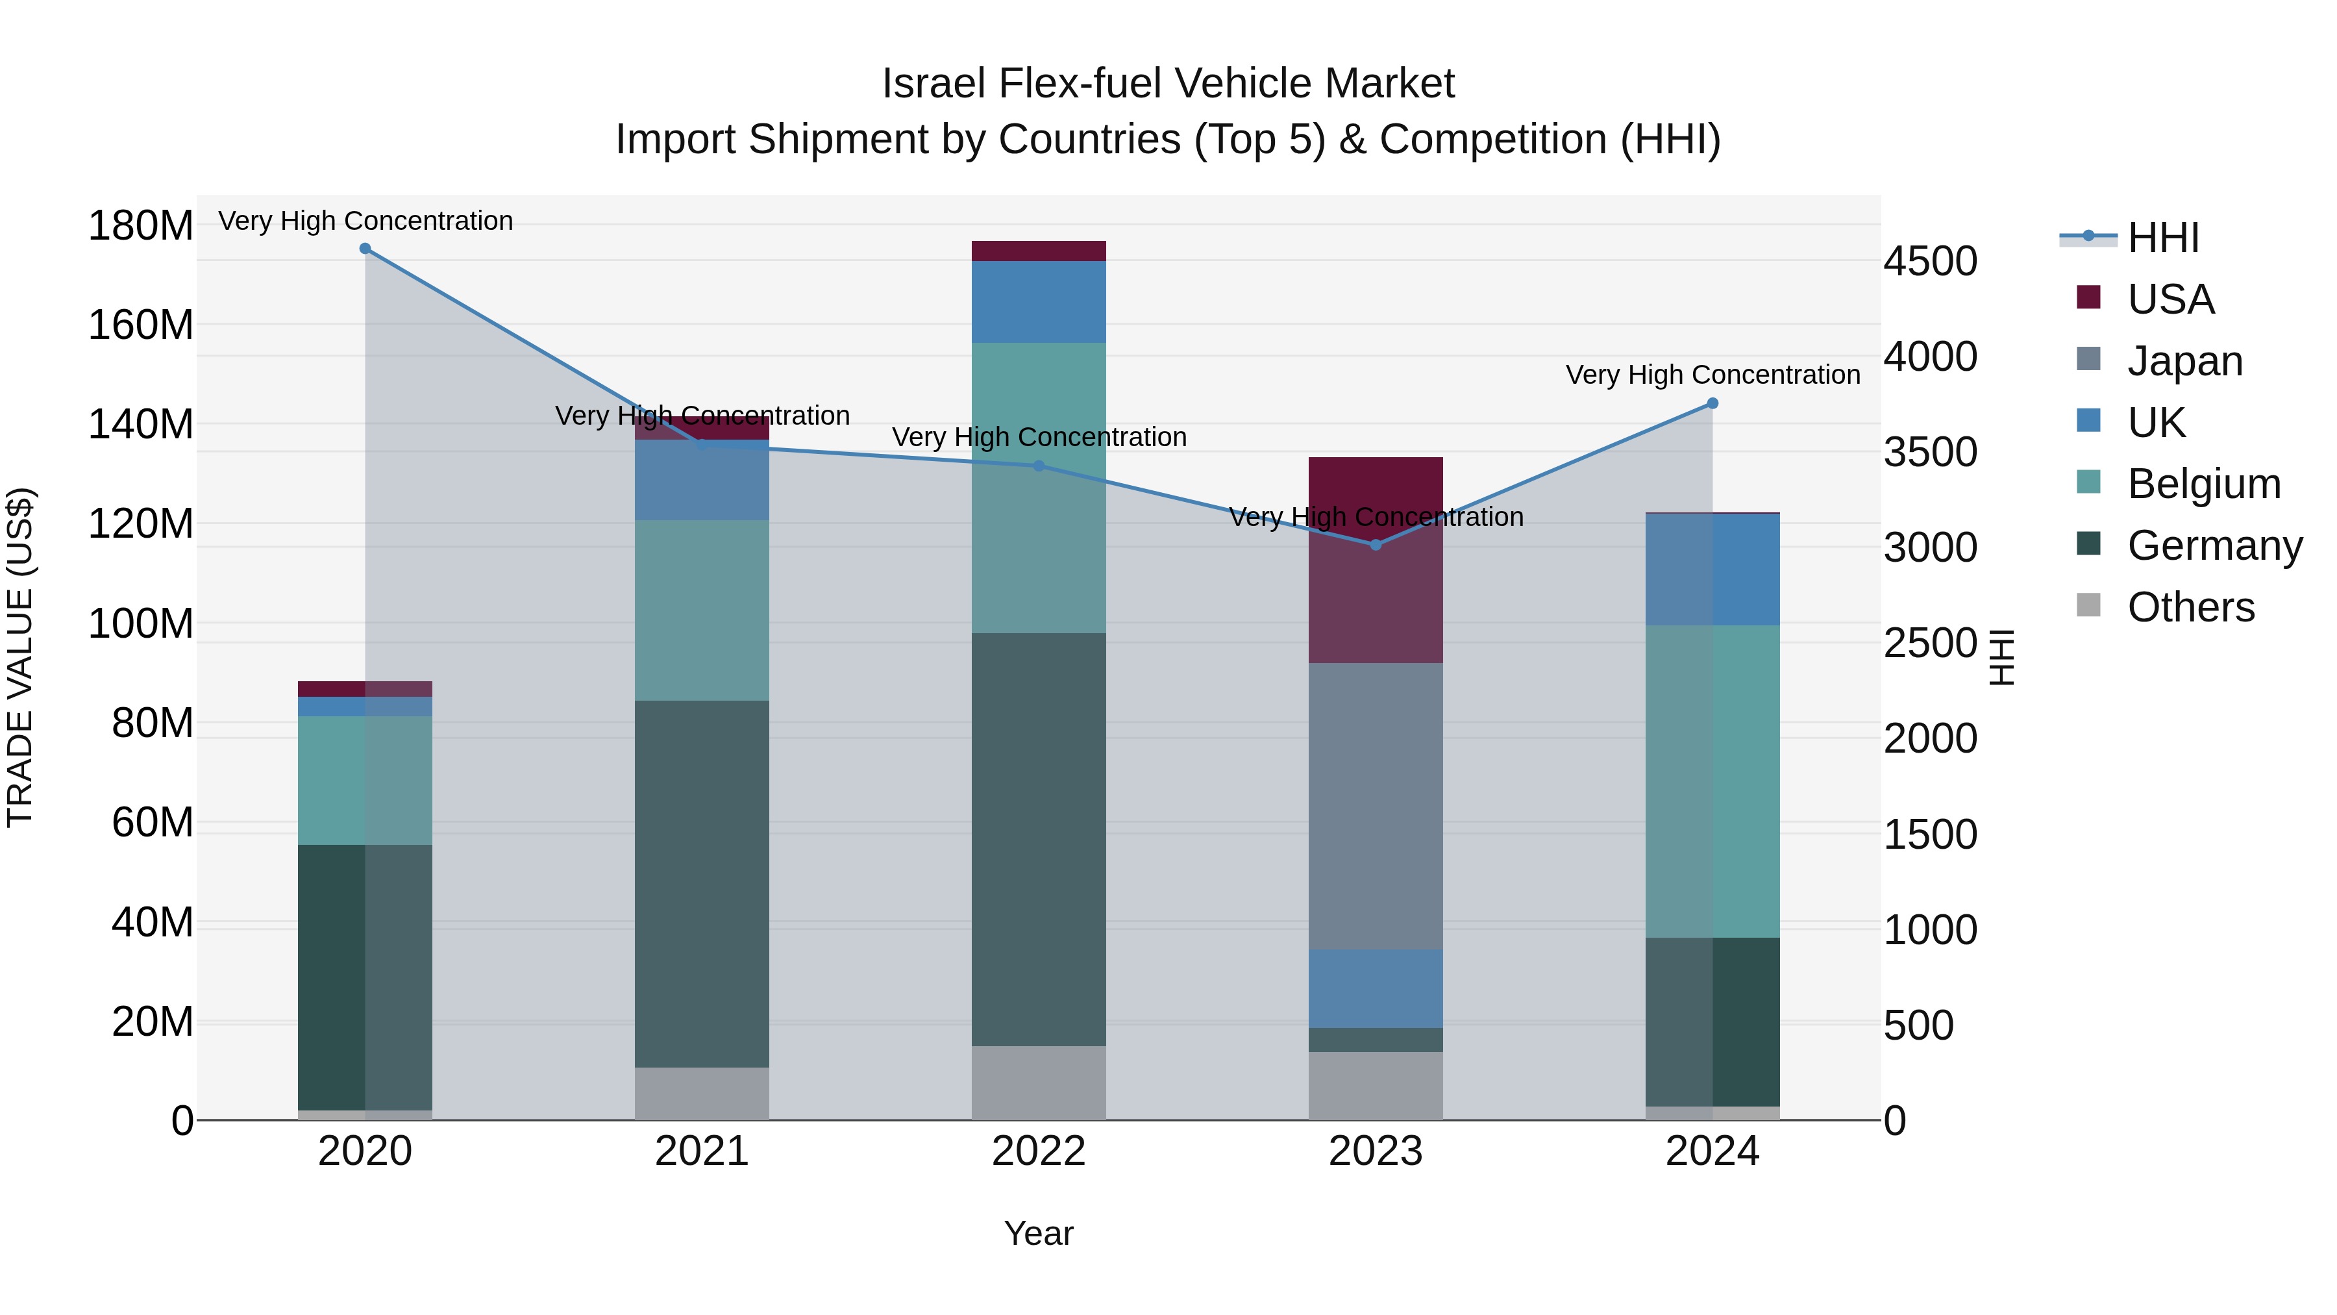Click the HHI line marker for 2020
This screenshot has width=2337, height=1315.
[365, 249]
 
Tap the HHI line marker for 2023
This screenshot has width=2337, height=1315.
[1376, 545]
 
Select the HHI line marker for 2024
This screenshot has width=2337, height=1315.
[1712, 404]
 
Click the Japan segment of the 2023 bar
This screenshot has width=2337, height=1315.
[1376, 806]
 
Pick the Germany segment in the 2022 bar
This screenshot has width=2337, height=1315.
[1039, 840]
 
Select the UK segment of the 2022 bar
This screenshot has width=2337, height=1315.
[1039, 301]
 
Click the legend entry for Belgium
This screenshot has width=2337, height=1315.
[2203, 484]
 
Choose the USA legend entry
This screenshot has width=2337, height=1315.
[2170, 299]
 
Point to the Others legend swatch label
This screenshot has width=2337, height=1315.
[2190, 607]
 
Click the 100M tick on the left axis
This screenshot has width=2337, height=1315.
[141, 623]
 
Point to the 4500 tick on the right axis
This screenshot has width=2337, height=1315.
[1930, 261]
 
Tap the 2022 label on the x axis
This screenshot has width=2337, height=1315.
[1039, 1151]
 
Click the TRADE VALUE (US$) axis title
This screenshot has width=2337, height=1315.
[20, 657]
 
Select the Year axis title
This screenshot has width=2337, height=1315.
[1039, 1233]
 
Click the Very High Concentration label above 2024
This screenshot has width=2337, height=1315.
[1712, 375]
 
